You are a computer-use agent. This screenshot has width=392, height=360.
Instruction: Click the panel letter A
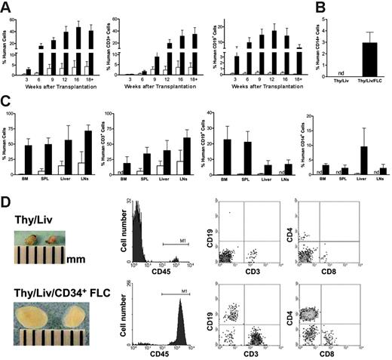[7, 8]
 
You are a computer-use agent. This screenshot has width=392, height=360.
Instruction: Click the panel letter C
[7, 100]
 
